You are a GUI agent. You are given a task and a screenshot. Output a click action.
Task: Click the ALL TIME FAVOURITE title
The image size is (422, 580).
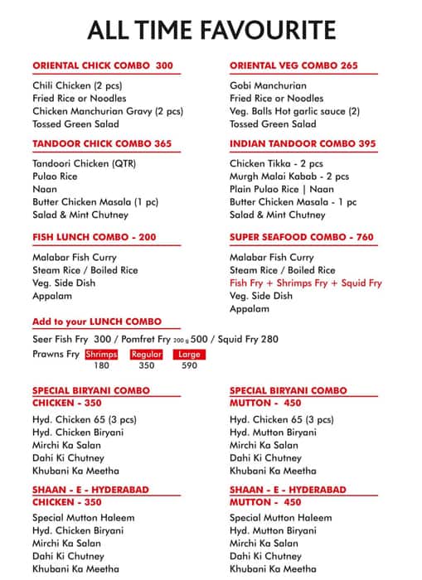coord(211,31)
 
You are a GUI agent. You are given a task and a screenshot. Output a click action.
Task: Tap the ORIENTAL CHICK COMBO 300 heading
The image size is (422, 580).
coord(102,65)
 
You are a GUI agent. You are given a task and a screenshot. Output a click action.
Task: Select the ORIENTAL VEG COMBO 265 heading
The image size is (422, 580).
coord(293,65)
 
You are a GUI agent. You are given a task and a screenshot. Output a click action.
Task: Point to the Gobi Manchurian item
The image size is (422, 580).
coord(268,85)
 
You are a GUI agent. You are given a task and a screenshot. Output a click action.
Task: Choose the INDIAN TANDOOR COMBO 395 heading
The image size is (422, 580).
coord(303,143)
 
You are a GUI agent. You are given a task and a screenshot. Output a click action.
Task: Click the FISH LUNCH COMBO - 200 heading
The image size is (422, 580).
coord(94,237)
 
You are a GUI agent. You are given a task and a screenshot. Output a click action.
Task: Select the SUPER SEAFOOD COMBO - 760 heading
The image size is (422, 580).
coord(302,237)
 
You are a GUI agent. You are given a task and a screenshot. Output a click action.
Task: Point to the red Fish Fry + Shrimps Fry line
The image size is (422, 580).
coord(306,283)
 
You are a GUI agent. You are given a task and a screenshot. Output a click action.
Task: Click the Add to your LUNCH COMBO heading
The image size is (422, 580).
coord(97,321)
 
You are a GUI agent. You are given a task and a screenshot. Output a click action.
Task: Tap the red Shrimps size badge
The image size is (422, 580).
coord(101,355)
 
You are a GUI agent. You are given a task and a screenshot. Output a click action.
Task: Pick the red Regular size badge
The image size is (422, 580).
coord(146,355)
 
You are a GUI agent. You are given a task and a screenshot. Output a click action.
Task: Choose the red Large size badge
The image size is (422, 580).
coord(188,355)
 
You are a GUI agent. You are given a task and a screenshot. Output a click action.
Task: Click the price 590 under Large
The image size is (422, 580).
coord(189,365)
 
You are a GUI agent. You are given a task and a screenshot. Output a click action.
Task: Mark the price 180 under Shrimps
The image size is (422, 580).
coord(101,365)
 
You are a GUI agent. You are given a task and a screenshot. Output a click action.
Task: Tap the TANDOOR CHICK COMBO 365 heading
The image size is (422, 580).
coord(102,143)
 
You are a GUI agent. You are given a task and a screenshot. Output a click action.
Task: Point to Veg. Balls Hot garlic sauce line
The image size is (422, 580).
coord(294,111)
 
